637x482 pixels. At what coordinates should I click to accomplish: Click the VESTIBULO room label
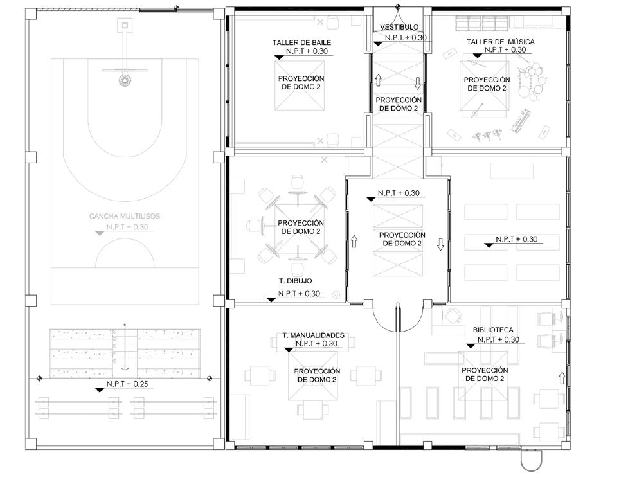399,27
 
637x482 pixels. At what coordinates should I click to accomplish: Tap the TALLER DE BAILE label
301,42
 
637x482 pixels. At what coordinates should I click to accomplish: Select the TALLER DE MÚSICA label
501,41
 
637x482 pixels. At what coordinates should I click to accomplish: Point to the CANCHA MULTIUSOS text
125,216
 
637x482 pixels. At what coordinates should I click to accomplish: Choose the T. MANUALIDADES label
313,335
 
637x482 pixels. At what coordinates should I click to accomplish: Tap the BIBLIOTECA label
493,330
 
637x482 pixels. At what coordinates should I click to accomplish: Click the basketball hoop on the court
125,80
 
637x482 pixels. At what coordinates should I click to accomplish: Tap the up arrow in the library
562,378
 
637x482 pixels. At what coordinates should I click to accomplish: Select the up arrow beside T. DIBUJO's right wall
354,241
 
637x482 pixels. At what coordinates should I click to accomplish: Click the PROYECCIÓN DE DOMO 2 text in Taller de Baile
301,82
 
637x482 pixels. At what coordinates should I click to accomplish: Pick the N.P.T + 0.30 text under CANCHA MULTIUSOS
127,227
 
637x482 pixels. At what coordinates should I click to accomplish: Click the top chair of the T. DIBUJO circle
298,181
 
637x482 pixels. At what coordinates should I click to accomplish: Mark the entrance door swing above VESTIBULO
399,18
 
